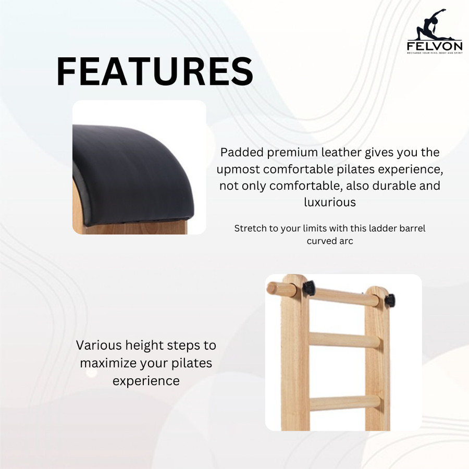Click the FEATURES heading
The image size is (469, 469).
pos(155,72)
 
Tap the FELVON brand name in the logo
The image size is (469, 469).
pos(435,46)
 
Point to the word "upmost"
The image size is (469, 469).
pos(238,169)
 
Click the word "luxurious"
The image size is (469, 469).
pos(330,202)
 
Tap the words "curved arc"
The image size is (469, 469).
pos(330,241)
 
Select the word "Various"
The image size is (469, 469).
pos(98,345)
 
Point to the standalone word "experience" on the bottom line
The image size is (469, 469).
pos(146,381)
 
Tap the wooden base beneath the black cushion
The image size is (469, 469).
pos(134,228)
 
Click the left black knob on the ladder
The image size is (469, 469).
pos(309,288)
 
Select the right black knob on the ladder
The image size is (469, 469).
pos(390,300)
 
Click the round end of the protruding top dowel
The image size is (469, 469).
pos(271,288)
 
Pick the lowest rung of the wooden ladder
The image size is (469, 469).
pos(344,403)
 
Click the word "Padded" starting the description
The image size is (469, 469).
pos(242,152)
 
